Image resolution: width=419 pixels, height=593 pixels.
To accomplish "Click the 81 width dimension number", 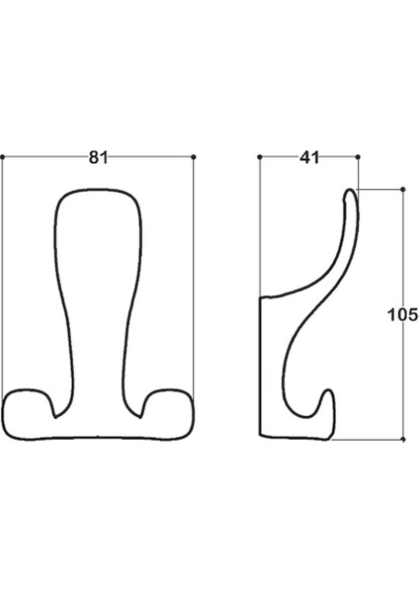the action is click(98, 157).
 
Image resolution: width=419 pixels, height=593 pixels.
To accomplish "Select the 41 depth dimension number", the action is click(309, 157).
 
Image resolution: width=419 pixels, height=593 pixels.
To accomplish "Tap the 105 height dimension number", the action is click(403, 314).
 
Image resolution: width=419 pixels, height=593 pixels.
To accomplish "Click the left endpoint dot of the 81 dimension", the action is click(2, 156).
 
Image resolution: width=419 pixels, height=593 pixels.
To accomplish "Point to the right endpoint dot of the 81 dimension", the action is click(194, 156).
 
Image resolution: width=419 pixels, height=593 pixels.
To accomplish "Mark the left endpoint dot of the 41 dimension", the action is click(260, 156).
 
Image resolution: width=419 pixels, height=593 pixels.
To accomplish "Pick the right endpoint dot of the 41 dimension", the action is click(358, 156).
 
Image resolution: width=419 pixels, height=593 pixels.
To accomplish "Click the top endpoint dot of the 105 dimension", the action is click(403, 189).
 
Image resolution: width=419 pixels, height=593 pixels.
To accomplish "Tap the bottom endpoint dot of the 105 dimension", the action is click(403, 440).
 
